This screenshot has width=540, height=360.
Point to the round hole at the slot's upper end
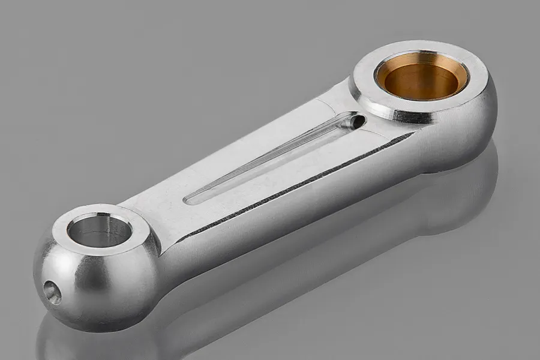coord(356,121)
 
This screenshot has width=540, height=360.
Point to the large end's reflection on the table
coord(456,198)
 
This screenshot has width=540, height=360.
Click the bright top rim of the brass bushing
coord(420,57)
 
